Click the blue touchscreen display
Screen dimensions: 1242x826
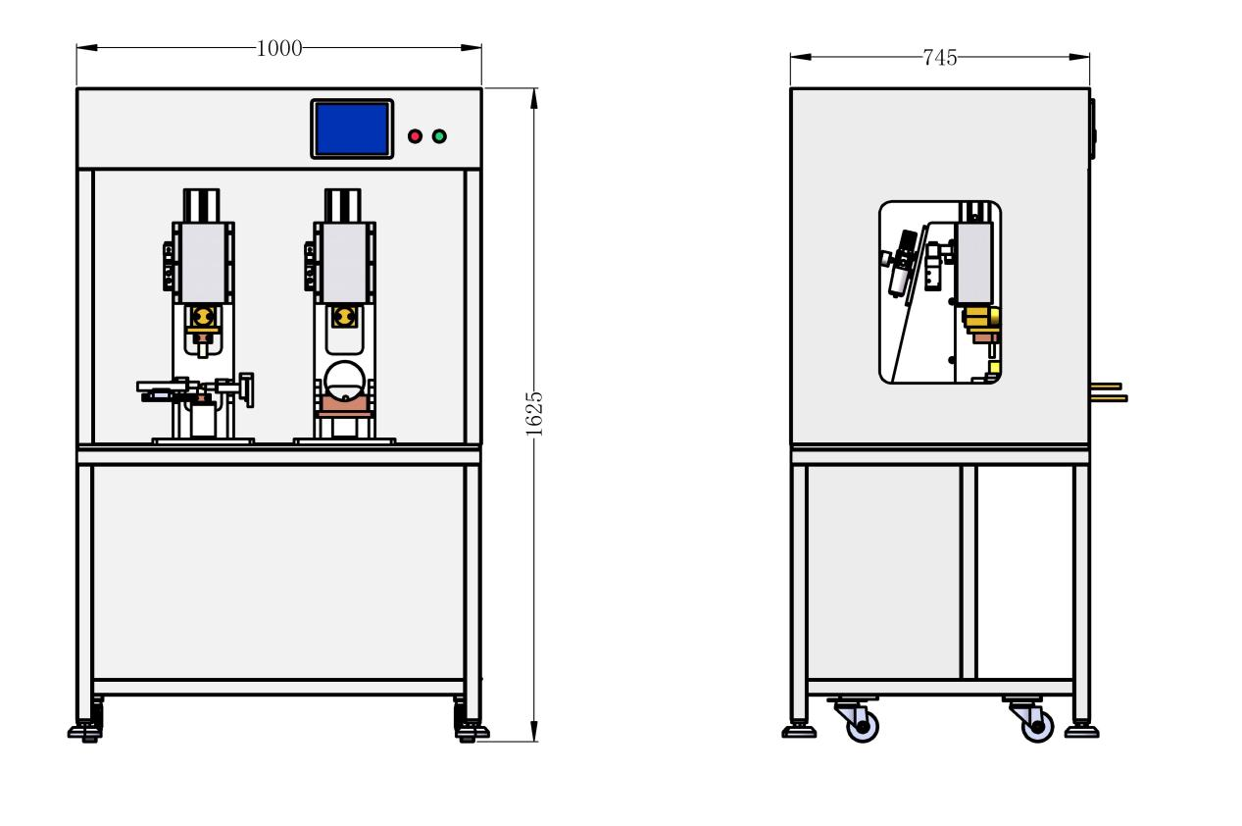[352, 129]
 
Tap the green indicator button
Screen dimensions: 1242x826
[439, 136]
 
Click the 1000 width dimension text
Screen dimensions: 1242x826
[279, 49]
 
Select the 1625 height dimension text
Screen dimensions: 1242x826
[533, 413]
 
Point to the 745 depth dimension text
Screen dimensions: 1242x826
[940, 58]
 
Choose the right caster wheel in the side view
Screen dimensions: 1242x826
[1037, 726]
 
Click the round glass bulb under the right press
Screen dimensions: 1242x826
[344, 381]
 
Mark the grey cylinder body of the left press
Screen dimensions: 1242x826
[204, 263]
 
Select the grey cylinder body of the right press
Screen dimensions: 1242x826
[345, 263]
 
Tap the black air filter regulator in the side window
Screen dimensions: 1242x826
[901, 264]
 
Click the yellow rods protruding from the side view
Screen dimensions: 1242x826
[1109, 392]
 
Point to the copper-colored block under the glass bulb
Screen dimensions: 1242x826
[344, 405]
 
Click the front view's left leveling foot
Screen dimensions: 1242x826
[85, 733]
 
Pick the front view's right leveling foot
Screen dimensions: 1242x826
[472, 733]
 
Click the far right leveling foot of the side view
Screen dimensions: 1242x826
[1082, 731]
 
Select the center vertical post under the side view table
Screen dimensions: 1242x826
[969, 572]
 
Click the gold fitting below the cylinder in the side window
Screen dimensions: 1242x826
[981, 317]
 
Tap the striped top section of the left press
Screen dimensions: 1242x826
[201, 205]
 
